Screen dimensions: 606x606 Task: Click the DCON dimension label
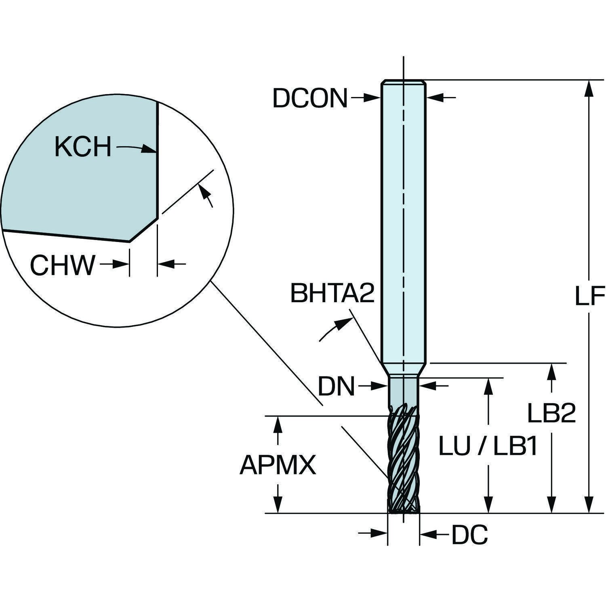tap(310, 98)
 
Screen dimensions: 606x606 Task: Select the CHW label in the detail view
tap(63, 265)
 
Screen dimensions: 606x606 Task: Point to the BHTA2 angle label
tap(332, 294)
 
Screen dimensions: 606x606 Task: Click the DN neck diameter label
tap(336, 387)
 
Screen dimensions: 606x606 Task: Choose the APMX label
tap(278, 465)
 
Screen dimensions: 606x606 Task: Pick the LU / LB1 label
tap(488, 447)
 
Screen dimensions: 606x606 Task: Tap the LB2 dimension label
tap(551, 413)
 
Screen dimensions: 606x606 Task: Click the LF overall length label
tap(589, 297)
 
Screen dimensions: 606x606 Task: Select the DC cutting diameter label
tap(469, 535)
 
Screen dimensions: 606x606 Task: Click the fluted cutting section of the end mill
tap(403, 461)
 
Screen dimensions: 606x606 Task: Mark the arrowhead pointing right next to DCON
tap(374, 97)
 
